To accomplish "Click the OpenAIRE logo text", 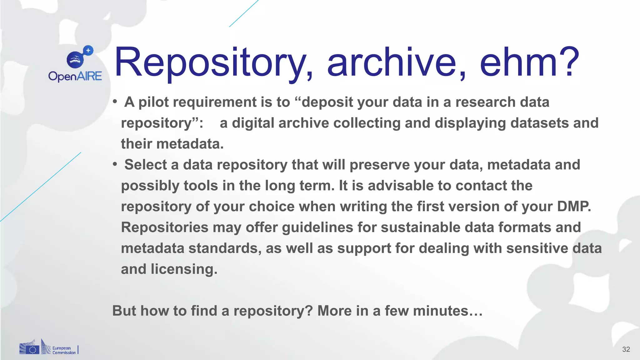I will click(x=75, y=76).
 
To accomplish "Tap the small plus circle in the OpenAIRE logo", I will click(x=88, y=50).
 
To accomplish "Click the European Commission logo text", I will click(x=64, y=350).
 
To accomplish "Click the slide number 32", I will click(x=626, y=349).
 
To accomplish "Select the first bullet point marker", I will click(x=115, y=102).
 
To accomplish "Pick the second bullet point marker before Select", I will click(x=115, y=164).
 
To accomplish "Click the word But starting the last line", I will click(x=124, y=311).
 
